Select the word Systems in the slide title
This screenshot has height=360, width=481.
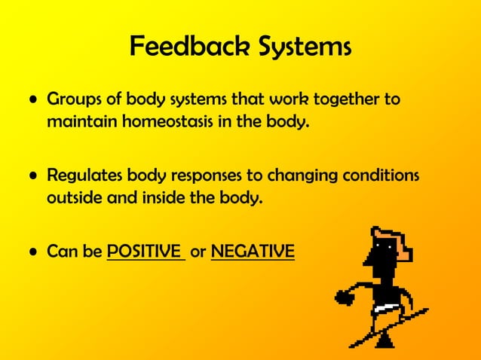[x=296, y=47]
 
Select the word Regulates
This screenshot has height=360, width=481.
[x=82, y=176]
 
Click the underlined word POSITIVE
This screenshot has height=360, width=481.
[x=146, y=252]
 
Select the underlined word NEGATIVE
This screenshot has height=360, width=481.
[x=253, y=252]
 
